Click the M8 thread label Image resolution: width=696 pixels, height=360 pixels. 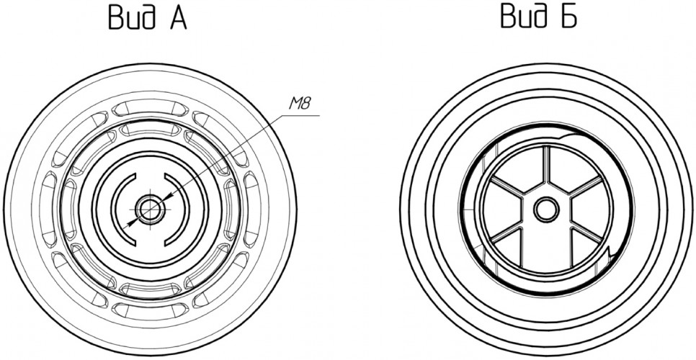(300, 104)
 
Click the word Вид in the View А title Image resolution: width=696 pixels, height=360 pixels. (132, 17)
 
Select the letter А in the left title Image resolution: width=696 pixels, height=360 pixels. (177, 19)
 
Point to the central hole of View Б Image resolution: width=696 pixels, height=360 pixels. (546, 210)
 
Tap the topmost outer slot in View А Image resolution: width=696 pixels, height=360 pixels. (151, 108)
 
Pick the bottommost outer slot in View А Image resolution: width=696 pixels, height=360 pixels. (151, 310)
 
